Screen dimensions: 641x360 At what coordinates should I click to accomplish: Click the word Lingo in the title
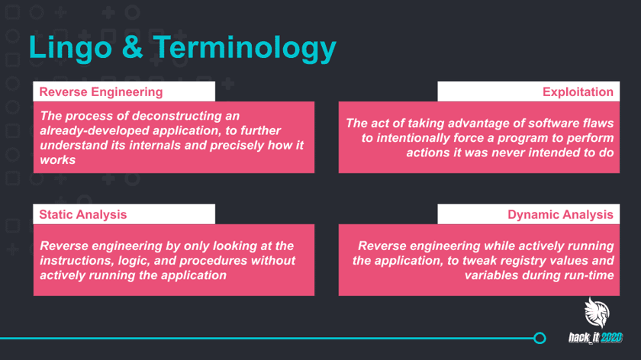pyautogui.click(x=70, y=49)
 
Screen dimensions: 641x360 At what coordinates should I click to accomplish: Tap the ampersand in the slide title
pyautogui.click(x=132, y=47)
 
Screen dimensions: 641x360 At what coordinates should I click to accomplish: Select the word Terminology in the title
pyautogui.click(x=244, y=49)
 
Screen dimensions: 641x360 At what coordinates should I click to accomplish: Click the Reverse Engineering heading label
pyautogui.click(x=101, y=92)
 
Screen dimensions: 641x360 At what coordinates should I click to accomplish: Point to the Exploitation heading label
pyautogui.click(x=578, y=92)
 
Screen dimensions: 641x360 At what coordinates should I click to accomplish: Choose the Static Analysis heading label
pyautogui.click(x=83, y=214)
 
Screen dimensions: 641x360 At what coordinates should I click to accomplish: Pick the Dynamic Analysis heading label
pyautogui.click(x=560, y=214)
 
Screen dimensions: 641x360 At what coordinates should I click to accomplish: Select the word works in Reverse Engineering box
pyautogui.click(x=58, y=159)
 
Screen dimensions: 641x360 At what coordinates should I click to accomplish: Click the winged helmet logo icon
pyautogui.click(x=597, y=313)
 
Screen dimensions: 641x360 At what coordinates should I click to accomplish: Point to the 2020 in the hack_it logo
pyautogui.click(x=611, y=338)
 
